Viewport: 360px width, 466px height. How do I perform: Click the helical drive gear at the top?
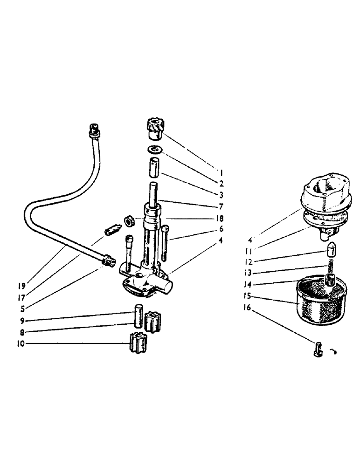tap(152, 129)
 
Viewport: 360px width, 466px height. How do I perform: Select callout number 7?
tap(221, 206)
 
